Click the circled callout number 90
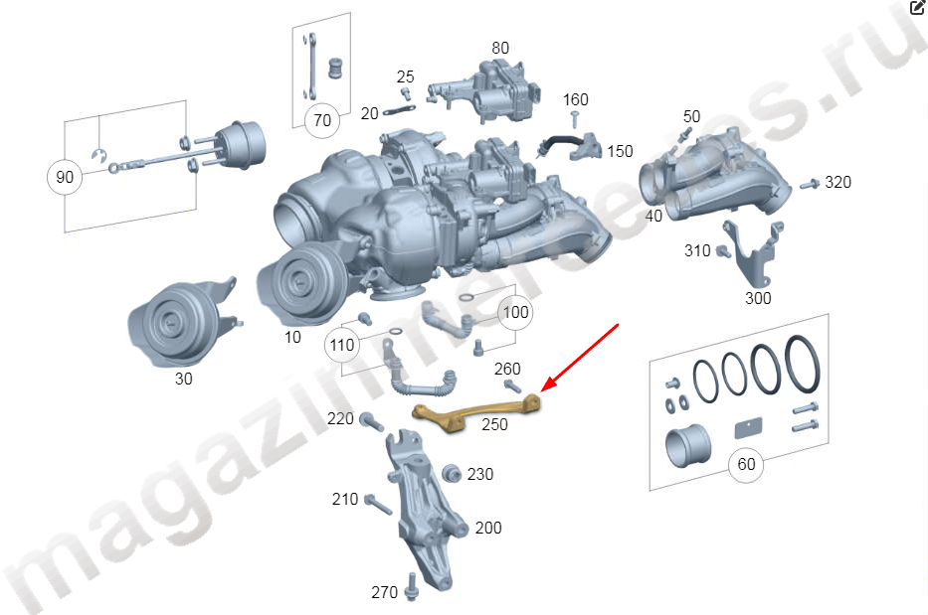tap(65, 177)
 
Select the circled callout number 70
tap(322, 120)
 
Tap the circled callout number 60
tap(746, 465)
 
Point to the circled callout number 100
tap(515, 312)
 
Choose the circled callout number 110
tap(342, 346)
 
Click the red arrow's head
tap(546, 386)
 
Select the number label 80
tap(500, 48)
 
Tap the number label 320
tap(838, 182)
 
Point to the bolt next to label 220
tap(371, 422)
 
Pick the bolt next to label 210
tap(378, 505)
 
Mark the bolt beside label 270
tap(412, 587)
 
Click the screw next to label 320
tap(810, 185)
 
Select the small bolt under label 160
tap(574, 120)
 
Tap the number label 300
tap(758, 298)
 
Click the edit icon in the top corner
tap(917, 7)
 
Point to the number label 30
tap(183, 380)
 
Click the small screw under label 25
tap(406, 94)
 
